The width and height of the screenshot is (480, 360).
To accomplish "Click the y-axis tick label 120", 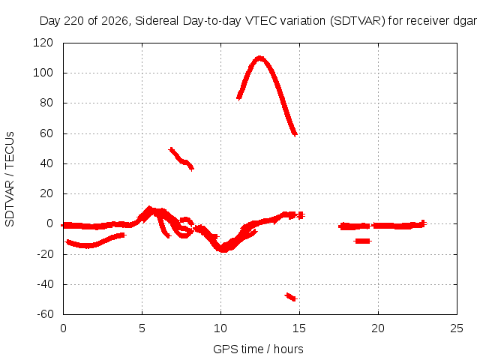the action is (x=43, y=43).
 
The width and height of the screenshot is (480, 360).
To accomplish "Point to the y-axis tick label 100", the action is (x=43, y=73).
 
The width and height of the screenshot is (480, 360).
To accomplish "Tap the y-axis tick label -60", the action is (x=45, y=314).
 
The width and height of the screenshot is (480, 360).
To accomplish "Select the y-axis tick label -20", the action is (x=45, y=253).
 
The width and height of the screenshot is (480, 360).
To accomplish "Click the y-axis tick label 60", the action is (x=46, y=133).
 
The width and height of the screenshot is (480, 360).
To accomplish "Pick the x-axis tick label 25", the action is (x=457, y=328).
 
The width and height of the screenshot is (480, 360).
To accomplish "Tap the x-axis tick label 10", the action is (x=220, y=328).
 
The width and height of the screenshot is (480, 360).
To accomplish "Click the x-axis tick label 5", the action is (x=142, y=328).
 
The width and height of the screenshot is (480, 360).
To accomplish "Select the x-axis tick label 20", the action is (x=378, y=328).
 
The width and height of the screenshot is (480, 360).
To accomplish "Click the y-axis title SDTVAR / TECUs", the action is (x=10, y=179).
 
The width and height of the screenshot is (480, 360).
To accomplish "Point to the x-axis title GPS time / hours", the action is (x=258, y=349).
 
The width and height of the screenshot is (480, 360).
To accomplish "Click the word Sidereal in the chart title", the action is (x=157, y=21).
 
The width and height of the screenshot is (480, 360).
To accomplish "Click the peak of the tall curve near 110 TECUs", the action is (x=259, y=58).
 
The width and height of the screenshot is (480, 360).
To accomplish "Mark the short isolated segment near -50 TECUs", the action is (x=290, y=297).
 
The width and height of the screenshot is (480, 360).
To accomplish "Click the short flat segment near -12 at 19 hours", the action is (x=363, y=241).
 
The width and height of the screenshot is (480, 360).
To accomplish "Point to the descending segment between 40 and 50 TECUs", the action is (x=181, y=159).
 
